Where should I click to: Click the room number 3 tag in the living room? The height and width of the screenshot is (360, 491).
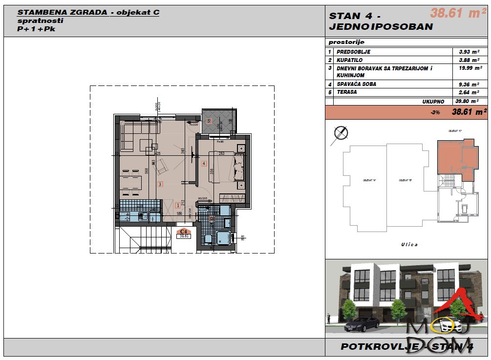[x=160, y=184]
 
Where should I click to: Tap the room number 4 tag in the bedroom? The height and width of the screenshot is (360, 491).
[x=204, y=163]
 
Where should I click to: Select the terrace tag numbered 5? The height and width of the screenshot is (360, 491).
[x=209, y=120]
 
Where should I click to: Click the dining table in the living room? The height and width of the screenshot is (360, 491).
[x=131, y=183]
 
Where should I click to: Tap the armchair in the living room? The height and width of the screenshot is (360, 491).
[x=161, y=167]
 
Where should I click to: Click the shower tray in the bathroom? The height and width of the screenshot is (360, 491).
[x=225, y=238]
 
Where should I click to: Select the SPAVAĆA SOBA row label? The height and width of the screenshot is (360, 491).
[x=357, y=84]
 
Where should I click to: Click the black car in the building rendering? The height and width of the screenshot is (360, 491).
[x=362, y=323]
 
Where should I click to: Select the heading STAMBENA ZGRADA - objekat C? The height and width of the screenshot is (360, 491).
[x=88, y=13]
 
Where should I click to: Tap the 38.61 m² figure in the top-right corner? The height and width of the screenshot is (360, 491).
[x=454, y=14]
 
